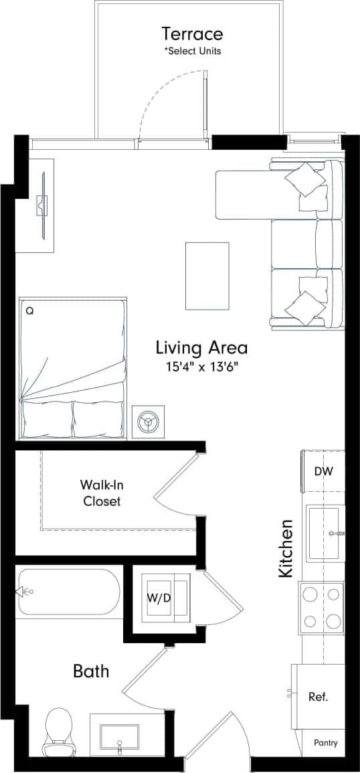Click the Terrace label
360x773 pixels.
pyautogui.click(x=192, y=33)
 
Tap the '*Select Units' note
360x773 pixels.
pyautogui.click(x=193, y=51)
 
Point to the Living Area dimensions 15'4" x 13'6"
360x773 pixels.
pyautogui.click(x=201, y=367)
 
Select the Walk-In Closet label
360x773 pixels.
pyautogui.click(x=102, y=492)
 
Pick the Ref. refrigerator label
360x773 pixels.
pyautogui.click(x=318, y=697)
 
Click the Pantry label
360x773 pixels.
pyautogui.click(x=326, y=743)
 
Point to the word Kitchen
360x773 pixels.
pyautogui.click(x=286, y=549)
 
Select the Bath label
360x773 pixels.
pyautogui.click(x=91, y=671)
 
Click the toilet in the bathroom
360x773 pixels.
pyautogui.click(x=58, y=731)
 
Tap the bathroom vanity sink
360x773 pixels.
pyautogui.click(x=120, y=737)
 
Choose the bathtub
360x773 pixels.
pyautogui.click(x=69, y=592)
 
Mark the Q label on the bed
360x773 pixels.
pyautogui.click(x=29, y=311)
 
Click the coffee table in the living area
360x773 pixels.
pyautogui.click(x=207, y=275)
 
